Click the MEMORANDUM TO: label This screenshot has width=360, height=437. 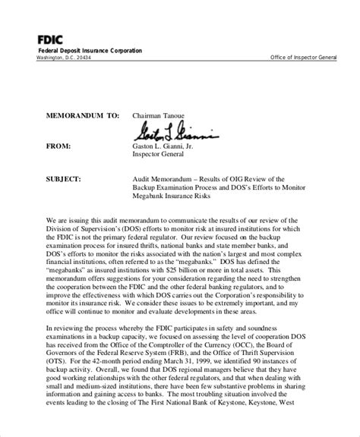coord(74,117)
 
